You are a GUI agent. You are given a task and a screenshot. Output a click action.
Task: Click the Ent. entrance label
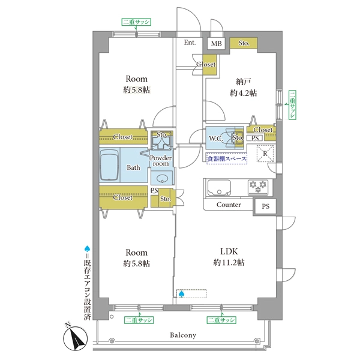click(190, 43)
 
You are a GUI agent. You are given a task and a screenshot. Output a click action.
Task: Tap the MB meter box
click(216, 43)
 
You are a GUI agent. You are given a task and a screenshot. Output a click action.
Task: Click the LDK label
click(229, 251)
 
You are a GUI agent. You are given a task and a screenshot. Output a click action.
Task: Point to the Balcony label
click(183, 335)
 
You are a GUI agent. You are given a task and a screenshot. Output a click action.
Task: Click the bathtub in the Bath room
click(109, 165)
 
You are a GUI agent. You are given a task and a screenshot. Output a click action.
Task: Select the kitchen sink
click(219, 187)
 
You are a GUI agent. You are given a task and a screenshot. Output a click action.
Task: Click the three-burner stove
click(258, 187)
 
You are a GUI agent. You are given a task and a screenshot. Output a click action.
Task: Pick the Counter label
click(229, 205)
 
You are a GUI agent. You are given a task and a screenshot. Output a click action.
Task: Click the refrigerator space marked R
click(265, 154)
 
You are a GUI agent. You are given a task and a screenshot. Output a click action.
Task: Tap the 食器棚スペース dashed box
click(226, 158)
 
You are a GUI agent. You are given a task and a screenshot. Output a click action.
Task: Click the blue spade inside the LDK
click(181, 294)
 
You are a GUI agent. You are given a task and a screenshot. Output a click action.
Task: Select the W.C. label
click(216, 139)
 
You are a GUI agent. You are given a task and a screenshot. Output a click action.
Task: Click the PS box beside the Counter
click(265, 206)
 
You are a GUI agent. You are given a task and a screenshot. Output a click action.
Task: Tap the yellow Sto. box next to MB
click(244, 43)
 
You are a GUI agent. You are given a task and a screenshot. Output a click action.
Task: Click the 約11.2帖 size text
click(229, 262)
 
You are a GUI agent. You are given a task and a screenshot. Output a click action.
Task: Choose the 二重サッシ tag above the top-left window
click(136, 22)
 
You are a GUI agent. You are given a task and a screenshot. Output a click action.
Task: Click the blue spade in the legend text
click(87, 248)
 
